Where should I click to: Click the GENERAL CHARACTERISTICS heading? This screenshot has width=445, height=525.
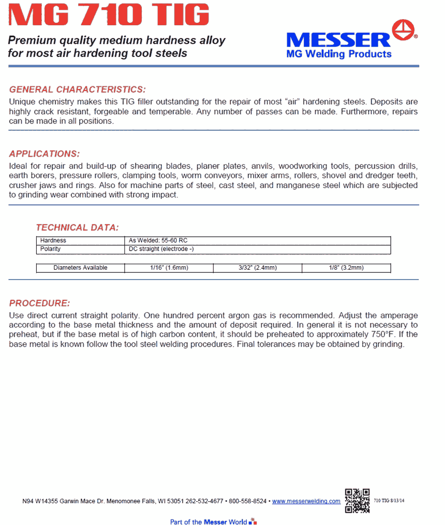coord(78,89)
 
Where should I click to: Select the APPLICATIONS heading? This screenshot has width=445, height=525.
coord(44,154)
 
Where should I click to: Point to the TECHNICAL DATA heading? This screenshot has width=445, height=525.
coord(77,227)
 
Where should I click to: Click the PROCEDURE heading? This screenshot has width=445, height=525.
coord(39,303)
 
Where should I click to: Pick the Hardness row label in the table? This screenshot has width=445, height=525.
coord(53,241)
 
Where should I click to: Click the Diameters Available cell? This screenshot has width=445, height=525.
coord(81,268)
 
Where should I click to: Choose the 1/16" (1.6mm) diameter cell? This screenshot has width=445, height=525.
coord(169,268)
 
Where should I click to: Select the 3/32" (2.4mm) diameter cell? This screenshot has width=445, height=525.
coord(257,268)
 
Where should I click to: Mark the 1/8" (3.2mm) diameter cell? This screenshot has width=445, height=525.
coord(346,268)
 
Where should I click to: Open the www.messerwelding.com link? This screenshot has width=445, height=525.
coord(306,501)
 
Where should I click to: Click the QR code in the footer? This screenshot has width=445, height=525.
coord(357,500)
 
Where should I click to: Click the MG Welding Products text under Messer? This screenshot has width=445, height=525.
coord(339,54)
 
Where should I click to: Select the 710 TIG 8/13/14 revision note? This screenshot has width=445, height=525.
coord(389,501)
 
